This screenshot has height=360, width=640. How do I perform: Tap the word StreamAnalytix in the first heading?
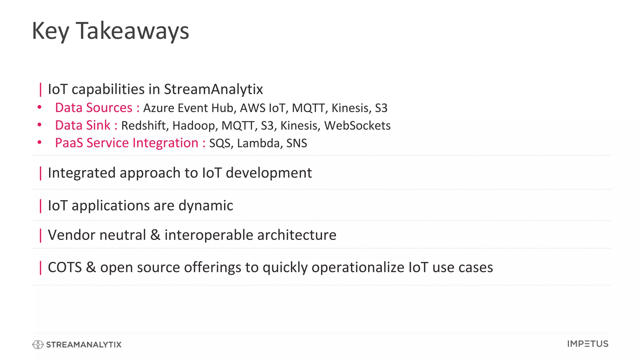click(x=213, y=89)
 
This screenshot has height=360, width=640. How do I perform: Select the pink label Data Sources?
click(x=94, y=108)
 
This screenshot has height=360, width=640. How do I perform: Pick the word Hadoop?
click(x=193, y=126)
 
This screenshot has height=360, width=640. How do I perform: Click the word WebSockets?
click(x=357, y=126)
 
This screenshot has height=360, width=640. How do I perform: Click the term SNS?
click(x=297, y=143)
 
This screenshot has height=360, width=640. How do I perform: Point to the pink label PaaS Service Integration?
click(x=127, y=143)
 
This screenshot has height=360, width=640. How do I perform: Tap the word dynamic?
click(x=206, y=206)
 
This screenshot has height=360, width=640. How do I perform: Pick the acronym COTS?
click(x=65, y=267)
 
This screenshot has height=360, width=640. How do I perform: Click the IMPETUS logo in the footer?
click(x=587, y=344)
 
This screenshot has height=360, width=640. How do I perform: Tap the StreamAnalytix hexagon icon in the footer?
click(x=38, y=344)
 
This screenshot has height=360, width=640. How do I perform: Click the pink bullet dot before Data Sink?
click(x=39, y=125)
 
